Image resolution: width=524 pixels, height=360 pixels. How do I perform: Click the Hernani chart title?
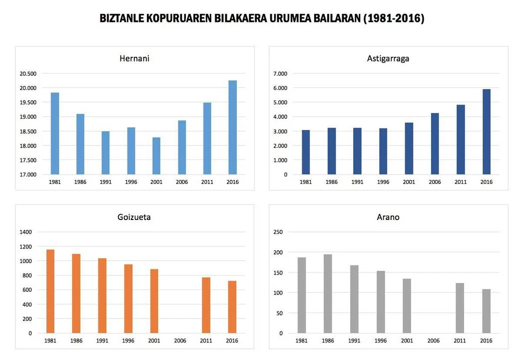tap(134, 58)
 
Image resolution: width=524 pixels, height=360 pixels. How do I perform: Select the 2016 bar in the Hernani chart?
tap(233, 127)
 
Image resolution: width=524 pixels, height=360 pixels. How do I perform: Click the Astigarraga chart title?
tap(388, 58)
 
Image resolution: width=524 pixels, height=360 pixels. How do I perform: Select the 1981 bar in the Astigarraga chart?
tap(306, 152)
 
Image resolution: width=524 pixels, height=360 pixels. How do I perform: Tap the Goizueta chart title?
tap(134, 217)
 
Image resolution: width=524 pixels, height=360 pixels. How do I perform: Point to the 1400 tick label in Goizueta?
tap(26, 232)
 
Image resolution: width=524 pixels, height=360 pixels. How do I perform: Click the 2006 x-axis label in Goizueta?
tap(180, 340)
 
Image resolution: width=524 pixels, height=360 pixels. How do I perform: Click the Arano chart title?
tap(388, 217)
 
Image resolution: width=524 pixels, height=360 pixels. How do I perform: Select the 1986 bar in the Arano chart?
tap(328, 293)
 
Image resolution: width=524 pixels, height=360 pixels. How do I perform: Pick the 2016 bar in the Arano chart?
tap(486, 311)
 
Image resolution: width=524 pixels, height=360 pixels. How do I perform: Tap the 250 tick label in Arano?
tap(278, 232)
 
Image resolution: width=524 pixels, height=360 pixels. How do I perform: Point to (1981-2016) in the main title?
tap(394, 18)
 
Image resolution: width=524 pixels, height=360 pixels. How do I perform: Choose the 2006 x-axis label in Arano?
tap(434, 340)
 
